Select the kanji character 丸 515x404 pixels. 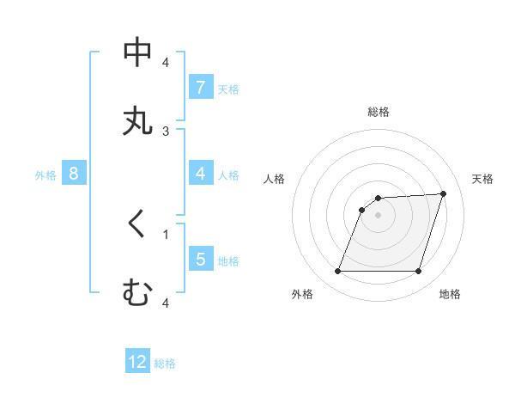pos(137,120)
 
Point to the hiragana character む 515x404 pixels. pos(137,293)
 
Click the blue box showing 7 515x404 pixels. pos(200,87)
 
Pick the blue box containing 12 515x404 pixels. pos(137,362)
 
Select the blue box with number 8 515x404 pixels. pos(74,174)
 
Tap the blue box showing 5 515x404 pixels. pos(200,259)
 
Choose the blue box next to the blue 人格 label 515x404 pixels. pos(200,174)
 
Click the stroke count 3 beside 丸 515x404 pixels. pos(166,132)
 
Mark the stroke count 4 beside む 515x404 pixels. pos(166,303)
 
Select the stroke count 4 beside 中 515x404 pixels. pos(166,63)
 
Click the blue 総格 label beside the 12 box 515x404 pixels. pos(165,364)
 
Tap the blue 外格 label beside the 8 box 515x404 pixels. pos(45,174)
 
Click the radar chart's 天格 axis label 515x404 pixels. pos(482,179)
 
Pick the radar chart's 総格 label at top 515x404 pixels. pos(378,112)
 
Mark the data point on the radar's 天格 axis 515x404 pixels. pos(443,193)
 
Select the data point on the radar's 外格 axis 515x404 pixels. pos(337,272)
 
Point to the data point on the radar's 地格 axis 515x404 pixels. pos(418,272)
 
